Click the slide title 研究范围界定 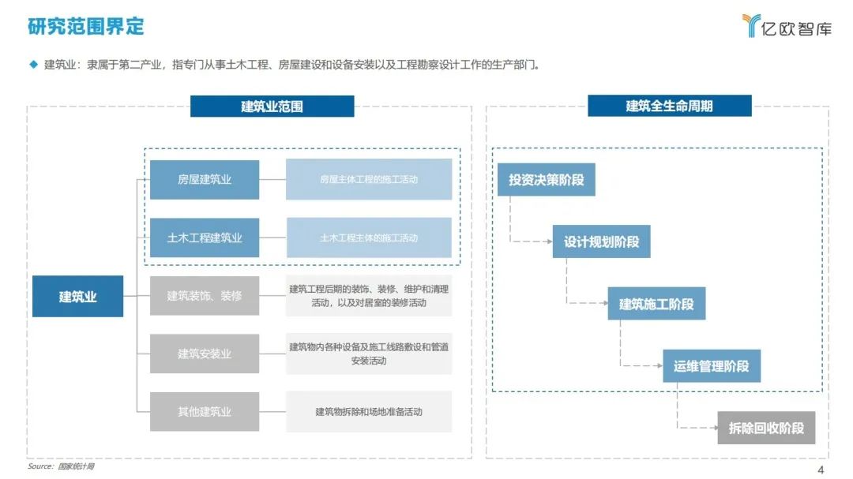click(x=86, y=26)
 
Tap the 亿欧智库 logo click(x=787, y=26)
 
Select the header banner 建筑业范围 click(x=272, y=106)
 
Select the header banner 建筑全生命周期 click(x=670, y=106)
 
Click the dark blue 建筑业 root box click(x=77, y=296)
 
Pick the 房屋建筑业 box click(x=205, y=179)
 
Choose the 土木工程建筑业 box click(x=205, y=238)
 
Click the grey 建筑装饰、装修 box click(x=205, y=296)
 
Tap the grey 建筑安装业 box click(x=205, y=354)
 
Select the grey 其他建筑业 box click(x=205, y=412)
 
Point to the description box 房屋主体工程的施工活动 click(x=369, y=179)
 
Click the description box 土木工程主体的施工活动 click(x=369, y=238)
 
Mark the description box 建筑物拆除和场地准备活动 click(x=369, y=412)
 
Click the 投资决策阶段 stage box click(x=547, y=179)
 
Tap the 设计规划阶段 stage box click(x=601, y=241)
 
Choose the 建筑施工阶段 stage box click(x=656, y=303)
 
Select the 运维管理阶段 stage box click(x=712, y=366)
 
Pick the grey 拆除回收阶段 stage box click(x=766, y=428)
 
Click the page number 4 click(x=821, y=470)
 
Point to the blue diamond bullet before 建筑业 click(x=34, y=65)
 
